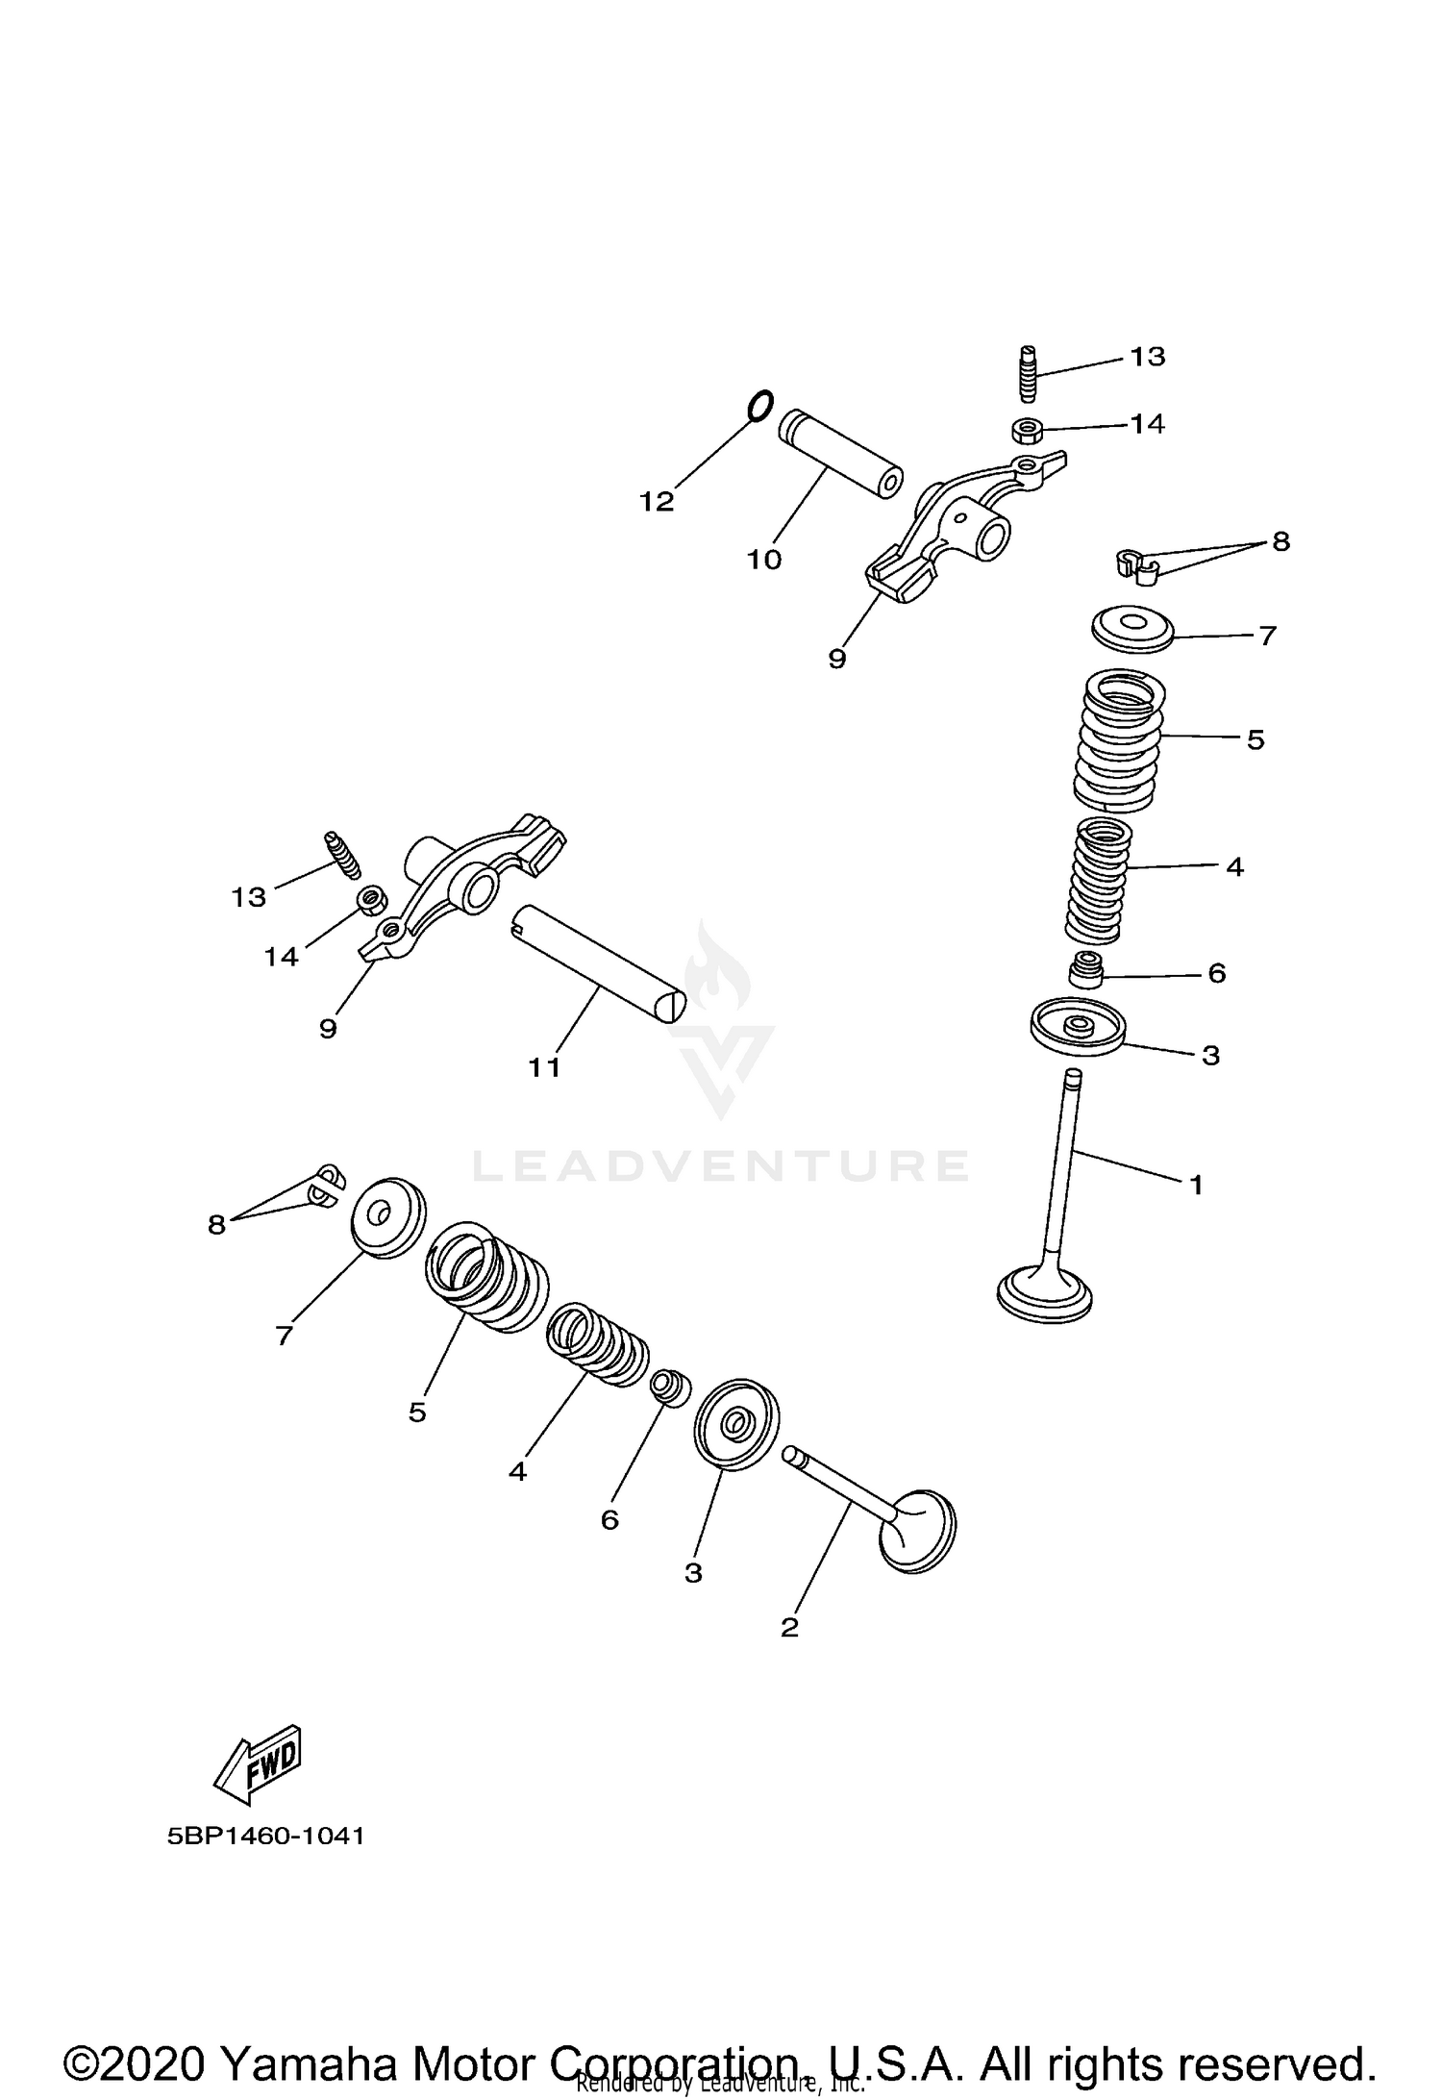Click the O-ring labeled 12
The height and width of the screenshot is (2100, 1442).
758,406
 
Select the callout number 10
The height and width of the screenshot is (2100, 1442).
764,560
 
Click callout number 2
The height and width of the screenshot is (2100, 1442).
789,1628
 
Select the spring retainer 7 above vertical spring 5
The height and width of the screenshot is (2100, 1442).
1133,628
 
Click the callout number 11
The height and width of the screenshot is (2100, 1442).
544,1067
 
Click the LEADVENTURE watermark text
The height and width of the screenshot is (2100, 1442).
720,1166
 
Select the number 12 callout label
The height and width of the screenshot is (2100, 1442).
658,502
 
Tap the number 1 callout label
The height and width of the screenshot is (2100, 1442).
1196,1186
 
